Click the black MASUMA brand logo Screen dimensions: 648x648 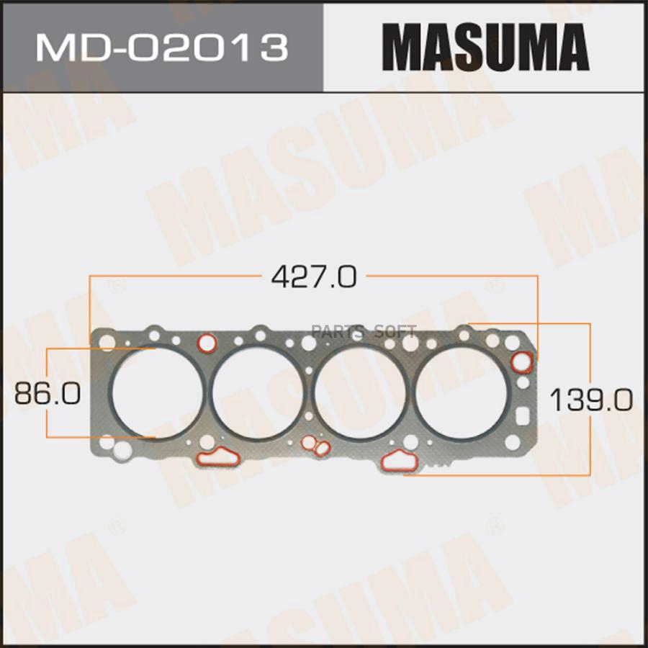[485, 47]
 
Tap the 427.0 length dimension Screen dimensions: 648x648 [314, 276]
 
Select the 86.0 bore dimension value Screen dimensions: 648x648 [47, 393]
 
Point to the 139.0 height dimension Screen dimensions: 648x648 [591, 400]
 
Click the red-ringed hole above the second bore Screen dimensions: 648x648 [207, 342]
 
